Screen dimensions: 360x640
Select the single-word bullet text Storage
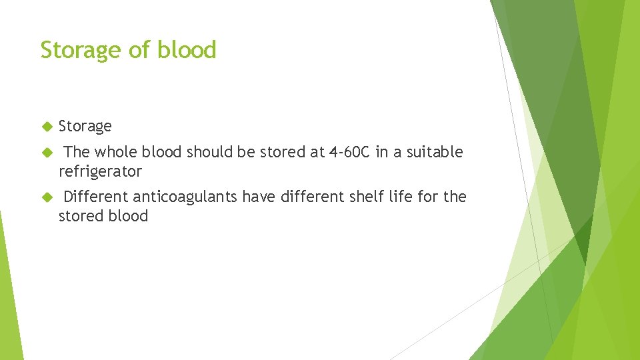[85, 127]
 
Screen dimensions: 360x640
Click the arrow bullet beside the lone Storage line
[47, 126]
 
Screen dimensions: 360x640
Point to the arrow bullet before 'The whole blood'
[47, 152]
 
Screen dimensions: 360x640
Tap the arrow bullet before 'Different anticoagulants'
[47, 197]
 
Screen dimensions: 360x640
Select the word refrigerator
[100, 172]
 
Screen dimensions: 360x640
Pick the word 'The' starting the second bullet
[77, 152]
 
